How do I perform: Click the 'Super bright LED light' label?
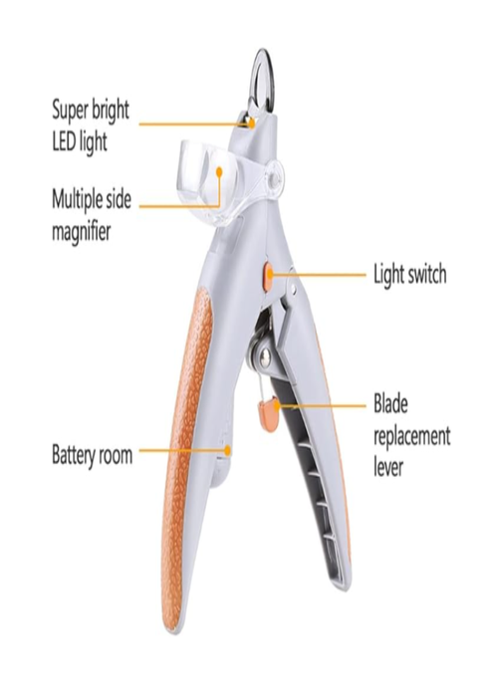[91, 126]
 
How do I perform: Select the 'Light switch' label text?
[410, 274]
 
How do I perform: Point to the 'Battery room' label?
[92, 455]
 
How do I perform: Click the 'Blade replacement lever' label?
[411, 435]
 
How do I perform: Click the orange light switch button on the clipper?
[268, 277]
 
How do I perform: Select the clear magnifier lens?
[208, 179]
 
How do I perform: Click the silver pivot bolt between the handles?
[265, 356]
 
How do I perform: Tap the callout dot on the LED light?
[251, 122]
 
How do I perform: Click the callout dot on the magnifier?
[219, 171]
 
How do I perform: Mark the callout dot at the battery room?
[228, 450]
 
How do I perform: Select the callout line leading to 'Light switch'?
[319, 275]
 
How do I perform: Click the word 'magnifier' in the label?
[81, 232]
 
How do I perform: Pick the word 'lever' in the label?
[388, 467]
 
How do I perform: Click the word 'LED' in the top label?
[64, 142]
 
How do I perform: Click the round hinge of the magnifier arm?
[274, 174]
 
